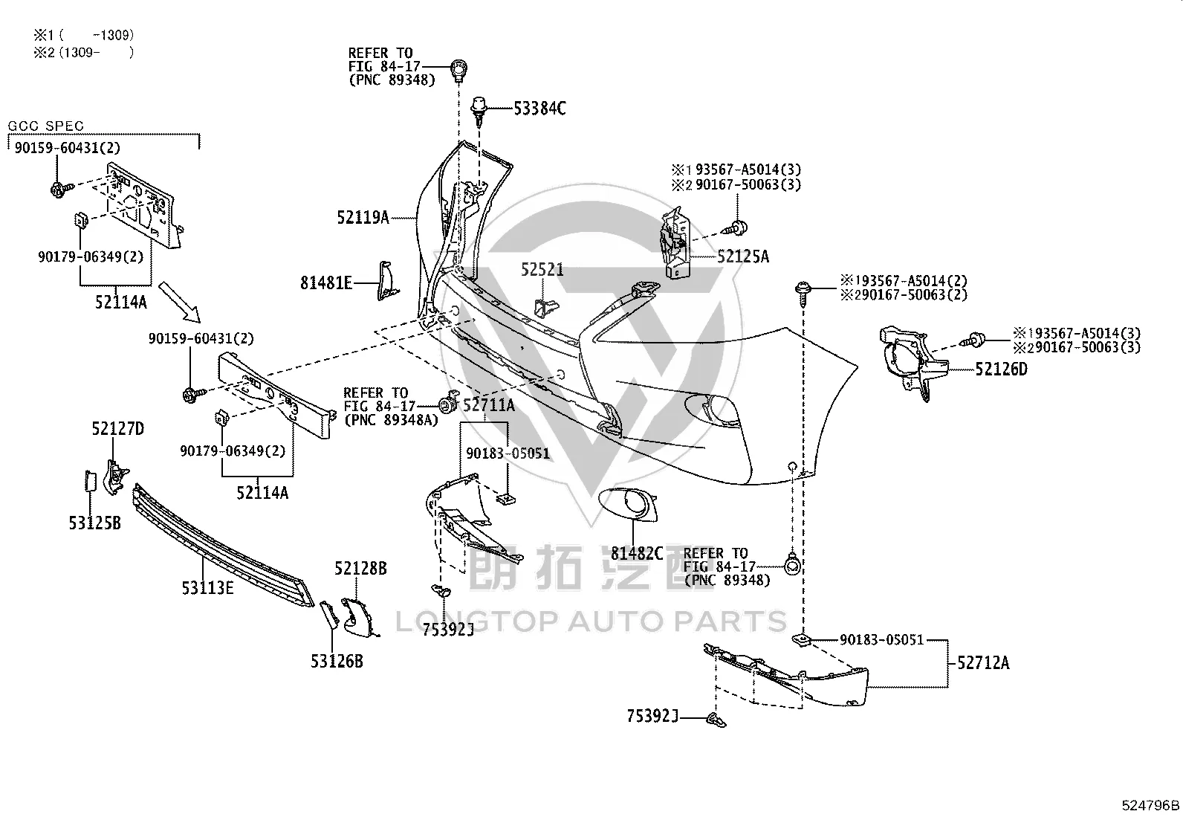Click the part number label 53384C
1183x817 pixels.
(x=539, y=109)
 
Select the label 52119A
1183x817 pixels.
(x=363, y=217)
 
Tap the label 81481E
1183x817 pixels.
(x=326, y=283)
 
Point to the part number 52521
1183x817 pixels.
(x=542, y=270)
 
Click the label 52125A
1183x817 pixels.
(x=743, y=256)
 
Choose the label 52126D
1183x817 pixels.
(x=1002, y=369)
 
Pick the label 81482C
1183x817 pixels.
(x=637, y=553)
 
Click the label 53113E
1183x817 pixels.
(x=207, y=587)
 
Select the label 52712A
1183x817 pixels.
(x=983, y=662)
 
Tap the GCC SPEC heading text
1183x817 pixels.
(x=45, y=126)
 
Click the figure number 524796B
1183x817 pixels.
(x=1150, y=805)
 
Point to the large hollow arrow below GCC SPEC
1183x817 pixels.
(x=180, y=302)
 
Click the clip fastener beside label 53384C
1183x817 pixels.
(x=479, y=111)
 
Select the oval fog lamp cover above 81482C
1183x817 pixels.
(x=628, y=505)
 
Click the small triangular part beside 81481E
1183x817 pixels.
(x=388, y=280)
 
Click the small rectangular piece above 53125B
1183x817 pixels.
(x=91, y=481)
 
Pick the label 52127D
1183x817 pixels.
(x=117, y=429)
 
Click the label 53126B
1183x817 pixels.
(x=337, y=661)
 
